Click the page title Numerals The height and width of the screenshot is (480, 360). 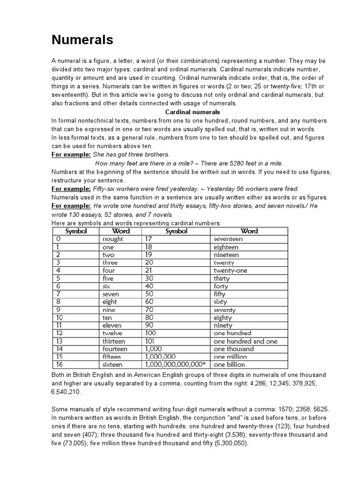pyautogui.click(x=82, y=40)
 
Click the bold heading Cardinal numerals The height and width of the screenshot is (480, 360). pyautogui.click(x=193, y=112)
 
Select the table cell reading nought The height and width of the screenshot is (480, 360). pyautogui.click(x=112, y=239)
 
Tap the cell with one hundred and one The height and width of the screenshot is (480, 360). pyautogui.click(x=245, y=341)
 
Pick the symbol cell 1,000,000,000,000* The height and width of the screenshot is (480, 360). pyautogui.click(x=175, y=365)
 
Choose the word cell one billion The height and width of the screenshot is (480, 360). pyautogui.click(x=229, y=365)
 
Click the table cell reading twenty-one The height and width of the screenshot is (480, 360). pyautogui.click(x=230, y=270)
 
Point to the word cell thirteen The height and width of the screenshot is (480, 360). pyautogui.click(x=114, y=341)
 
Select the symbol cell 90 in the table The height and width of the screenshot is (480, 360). pyautogui.click(x=150, y=325)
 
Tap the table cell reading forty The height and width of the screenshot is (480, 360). pyautogui.click(x=221, y=286)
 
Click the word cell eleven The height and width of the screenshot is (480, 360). pyautogui.click(x=112, y=325)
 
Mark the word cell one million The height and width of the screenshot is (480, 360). pyautogui.click(x=230, y=357)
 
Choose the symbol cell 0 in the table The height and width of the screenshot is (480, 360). pyautogui.click(x=58, y=239)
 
